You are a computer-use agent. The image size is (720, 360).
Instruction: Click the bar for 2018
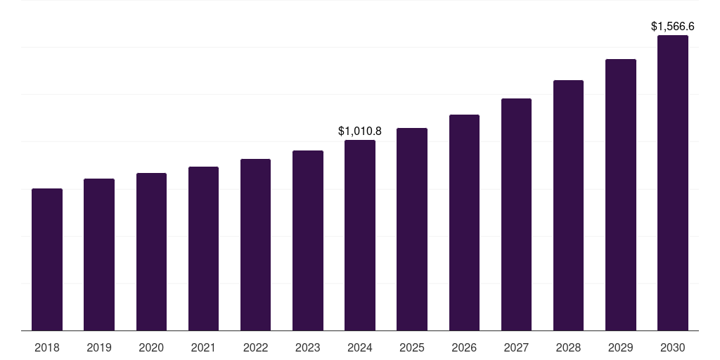[47, 259]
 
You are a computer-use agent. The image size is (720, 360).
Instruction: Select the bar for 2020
[151, 252]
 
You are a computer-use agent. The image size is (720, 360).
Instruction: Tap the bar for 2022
[255, 245]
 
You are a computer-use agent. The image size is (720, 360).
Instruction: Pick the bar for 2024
[360, 236]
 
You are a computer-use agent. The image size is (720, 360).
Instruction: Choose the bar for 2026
[464, 223]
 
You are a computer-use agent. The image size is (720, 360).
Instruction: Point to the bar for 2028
[568, 205]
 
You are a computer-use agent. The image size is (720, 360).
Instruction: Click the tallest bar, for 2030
[673, 183]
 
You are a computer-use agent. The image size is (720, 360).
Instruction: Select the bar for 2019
[99, 255]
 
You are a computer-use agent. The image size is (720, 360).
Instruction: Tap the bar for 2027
[516, 214]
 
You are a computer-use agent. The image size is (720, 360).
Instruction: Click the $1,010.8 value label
[360, 131]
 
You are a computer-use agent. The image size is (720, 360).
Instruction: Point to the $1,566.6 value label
[673, 27]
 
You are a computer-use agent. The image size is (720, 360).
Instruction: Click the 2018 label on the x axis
[47, 347]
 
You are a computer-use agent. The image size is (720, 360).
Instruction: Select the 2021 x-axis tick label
[203, 347]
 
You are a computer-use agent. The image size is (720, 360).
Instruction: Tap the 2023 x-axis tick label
[308, 347]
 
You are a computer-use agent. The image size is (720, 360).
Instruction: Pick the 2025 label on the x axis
[412, 347]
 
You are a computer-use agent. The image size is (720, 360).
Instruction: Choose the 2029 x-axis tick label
[621, 347]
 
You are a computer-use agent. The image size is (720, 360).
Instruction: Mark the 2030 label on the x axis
[673, 347]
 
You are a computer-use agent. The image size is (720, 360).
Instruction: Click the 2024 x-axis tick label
[360, 347]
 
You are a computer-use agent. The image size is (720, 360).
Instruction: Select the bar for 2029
[621, 195]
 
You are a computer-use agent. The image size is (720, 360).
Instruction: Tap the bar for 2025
[412, 229]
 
